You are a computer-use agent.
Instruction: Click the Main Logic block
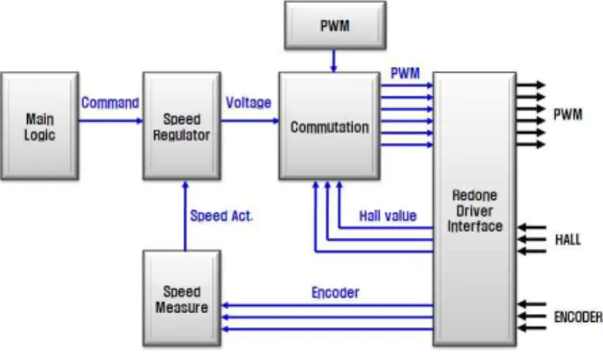point(40,126)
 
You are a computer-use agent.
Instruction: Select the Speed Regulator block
point(182,126)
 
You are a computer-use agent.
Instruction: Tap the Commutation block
point(329,126)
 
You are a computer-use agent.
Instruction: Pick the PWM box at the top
point(335,25)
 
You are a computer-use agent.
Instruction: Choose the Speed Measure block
point(182,299)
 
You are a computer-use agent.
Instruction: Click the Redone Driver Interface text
point(475,211)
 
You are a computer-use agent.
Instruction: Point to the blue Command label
point(110,103)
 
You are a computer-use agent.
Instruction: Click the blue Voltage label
point(248,103)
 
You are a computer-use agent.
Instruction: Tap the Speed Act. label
point(221,216)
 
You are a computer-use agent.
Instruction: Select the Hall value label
point(387,216)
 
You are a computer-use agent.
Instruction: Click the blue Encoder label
point(335,292)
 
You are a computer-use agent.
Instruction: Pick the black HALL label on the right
point(568,240)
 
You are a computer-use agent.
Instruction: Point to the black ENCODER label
point(578,317)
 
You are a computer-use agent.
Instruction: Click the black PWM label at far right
point(568,115)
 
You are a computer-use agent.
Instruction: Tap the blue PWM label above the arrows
point(405,73)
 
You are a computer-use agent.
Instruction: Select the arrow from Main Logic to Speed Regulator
point(111,121)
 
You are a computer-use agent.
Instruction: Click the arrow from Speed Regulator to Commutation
point(250,121)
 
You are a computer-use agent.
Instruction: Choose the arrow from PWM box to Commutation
point(333,60)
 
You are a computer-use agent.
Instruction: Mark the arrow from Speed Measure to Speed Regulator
point(185,216)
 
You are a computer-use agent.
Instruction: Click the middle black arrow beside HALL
point(532,239)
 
